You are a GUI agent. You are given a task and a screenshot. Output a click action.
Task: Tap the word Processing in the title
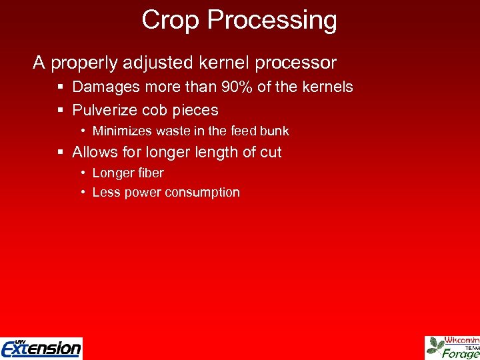click(x=272, y=21)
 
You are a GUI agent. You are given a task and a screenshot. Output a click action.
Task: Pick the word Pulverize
click(x=104, y=110)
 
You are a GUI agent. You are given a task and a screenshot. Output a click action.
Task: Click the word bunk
click(x=275, y=131)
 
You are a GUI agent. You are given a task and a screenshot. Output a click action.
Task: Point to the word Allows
click(x=94, y=153)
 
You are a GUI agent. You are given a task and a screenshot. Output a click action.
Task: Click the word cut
click(x=271, y=153)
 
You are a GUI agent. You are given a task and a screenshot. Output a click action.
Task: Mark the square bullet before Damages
click(x=61, y=87)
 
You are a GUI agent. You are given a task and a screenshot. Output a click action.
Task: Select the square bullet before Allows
click(x=61, y=153)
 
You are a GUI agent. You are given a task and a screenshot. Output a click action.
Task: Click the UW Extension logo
click(x=41, y=347)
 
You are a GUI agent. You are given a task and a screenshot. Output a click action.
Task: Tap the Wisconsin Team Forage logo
click(x=453, y=347)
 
